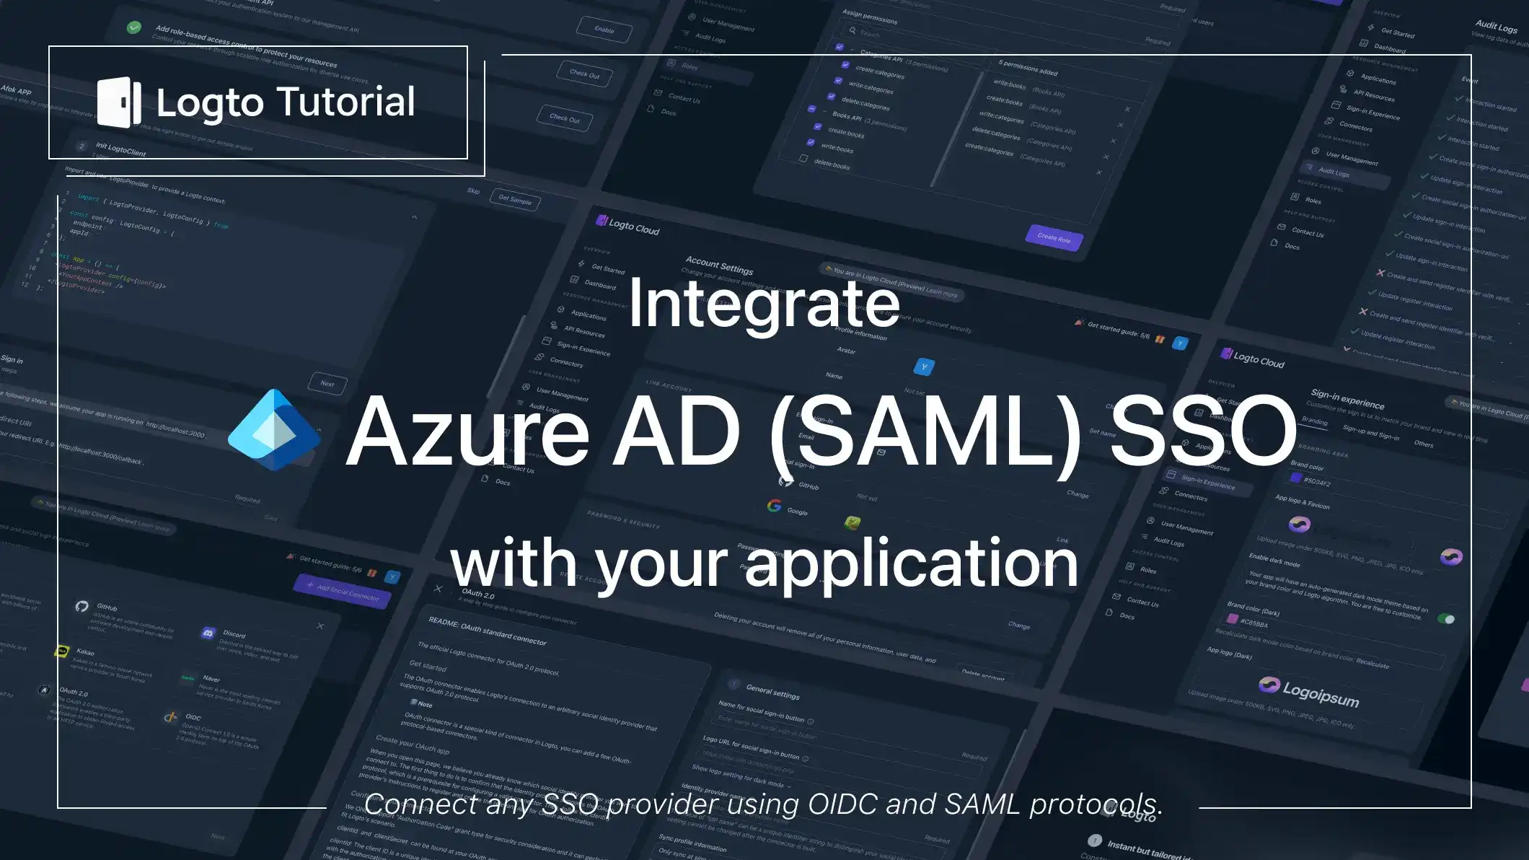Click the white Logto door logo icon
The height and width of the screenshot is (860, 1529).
119,102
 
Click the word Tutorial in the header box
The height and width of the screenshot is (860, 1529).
346,102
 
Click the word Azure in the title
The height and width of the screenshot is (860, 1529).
468,432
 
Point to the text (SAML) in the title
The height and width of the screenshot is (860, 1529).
925,432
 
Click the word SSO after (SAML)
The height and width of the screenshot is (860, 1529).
1202,432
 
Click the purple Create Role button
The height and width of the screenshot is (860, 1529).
1054,237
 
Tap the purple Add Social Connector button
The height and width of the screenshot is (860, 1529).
343,591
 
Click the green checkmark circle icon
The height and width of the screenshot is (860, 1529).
134,27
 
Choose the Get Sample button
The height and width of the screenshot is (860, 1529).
515,200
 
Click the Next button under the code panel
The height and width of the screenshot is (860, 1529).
327,383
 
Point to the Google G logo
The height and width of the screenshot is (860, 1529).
775,506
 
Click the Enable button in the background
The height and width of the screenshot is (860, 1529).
604,30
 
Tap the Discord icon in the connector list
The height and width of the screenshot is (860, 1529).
208,633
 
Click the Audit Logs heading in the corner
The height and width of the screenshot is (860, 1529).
1496,27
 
